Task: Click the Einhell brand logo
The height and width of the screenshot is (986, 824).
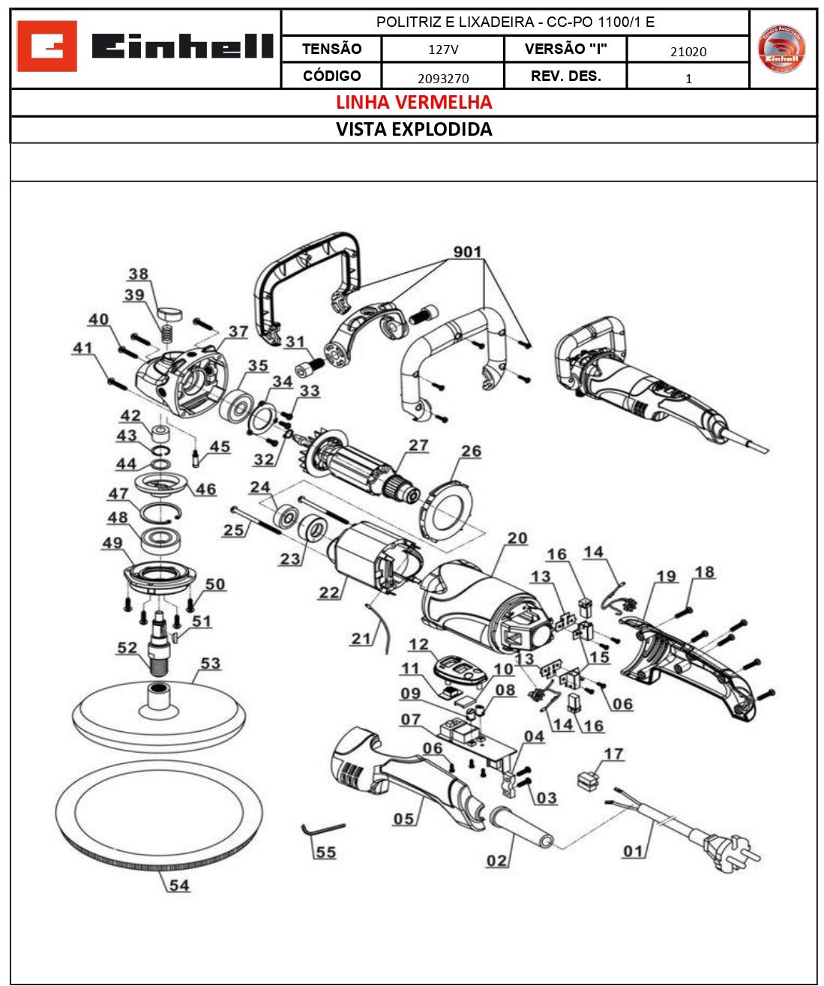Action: point(145,46)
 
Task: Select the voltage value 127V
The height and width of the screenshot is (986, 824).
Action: point(442,50)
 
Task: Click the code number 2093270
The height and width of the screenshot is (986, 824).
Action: point(442,78)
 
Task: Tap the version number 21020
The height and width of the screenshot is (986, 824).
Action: point(688,52)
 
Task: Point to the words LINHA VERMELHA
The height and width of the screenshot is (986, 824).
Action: point(414,102)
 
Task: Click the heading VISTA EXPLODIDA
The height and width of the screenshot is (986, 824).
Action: point(414,129)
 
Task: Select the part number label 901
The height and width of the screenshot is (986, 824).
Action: point(467,252)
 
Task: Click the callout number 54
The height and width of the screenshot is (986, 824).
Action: point(178,886)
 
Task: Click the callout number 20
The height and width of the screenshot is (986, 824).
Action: point(517,538)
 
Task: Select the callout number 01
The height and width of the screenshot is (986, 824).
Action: point(633,851)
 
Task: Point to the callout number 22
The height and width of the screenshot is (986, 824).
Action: point(329,592)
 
